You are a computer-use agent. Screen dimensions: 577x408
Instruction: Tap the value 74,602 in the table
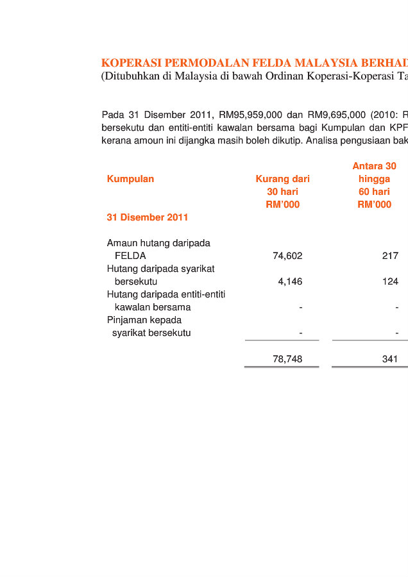pyautogui.click(x=287, y=256)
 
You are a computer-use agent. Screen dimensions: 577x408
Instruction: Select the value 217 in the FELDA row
pyautogui.click(x=390, y=256)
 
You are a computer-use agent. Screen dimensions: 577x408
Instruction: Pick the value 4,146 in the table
pyautogui.click(x=290, y=281)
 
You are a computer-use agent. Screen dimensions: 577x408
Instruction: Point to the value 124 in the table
pyautogui.click(x=390, y=281)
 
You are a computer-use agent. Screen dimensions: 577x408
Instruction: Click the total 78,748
pyautogui.click(x=287, y=359)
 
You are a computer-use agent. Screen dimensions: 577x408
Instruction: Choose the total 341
pyautogui.click(x=390, y=359)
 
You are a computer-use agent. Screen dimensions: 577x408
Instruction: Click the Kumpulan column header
pyautogui.click(x=130, y=179)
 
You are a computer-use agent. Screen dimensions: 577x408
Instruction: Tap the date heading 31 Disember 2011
pyautogui.click(x=148, y=217)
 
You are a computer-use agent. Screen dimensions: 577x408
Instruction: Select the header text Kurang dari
pyautogui.click(x=282, y=179)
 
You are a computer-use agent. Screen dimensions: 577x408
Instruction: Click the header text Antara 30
pyautogui.click(x=374, y=166)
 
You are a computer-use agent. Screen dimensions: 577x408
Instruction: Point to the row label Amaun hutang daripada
pyautogui.click(x=158, y=243)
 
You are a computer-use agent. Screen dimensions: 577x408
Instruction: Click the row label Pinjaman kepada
pyautogui.click(x=144, y=320)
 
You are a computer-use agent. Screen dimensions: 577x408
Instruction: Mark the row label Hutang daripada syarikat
pyautogui.click(x=160, y=269)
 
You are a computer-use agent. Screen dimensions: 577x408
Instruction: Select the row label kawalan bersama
pyautogui.click(x=153, y=307)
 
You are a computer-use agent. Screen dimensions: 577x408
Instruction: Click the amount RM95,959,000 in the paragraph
pyautogui.click(x=250, y=115)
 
